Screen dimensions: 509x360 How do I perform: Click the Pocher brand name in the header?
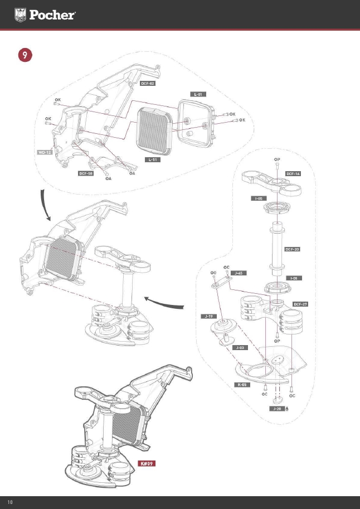52,15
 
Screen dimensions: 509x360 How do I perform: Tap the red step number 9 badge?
25,55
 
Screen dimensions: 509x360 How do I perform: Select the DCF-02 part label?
147,83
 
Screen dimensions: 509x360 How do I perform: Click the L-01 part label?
197,94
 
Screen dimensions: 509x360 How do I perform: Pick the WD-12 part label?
45,152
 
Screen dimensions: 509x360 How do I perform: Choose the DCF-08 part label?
85,173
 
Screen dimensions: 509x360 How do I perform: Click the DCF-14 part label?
293,174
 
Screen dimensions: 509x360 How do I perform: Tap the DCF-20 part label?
293,249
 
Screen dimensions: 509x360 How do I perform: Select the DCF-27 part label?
301,304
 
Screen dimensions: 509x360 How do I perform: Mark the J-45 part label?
238,273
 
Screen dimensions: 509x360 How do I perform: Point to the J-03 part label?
240,347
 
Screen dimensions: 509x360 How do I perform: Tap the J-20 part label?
276,409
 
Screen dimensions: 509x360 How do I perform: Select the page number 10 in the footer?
9,502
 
